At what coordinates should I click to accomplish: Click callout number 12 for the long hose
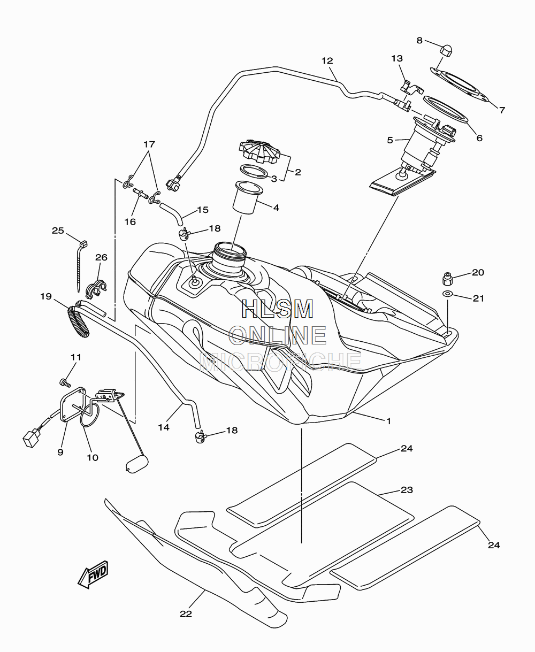327,61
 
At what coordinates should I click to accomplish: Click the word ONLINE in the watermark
278,335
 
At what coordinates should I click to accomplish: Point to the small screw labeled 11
65,383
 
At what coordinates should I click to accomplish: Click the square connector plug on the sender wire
31,439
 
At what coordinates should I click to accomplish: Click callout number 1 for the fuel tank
388,421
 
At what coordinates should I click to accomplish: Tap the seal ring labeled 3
254,172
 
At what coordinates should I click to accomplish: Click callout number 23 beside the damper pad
407,490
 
